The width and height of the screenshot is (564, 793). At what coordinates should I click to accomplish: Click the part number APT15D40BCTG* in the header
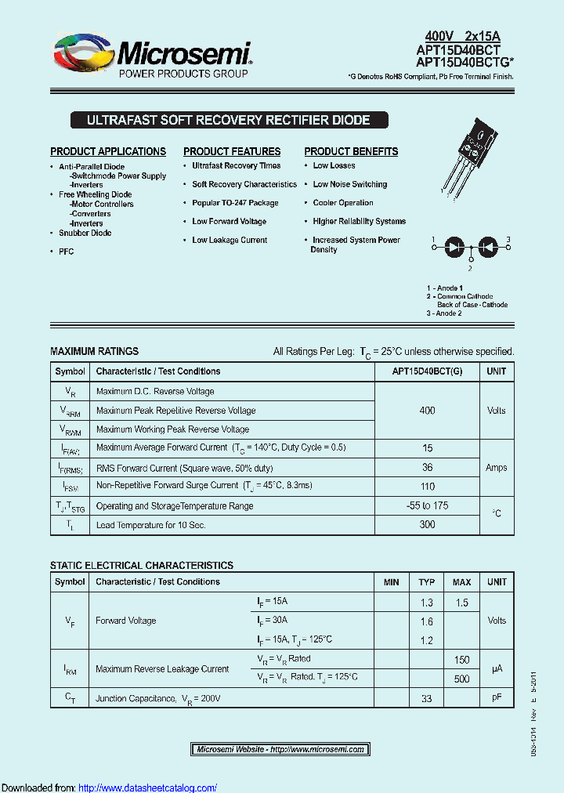[458, 62]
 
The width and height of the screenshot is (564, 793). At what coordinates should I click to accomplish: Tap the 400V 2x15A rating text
[461, 36]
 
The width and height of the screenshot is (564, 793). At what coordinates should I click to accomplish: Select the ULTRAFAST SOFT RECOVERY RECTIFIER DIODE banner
[228, 120]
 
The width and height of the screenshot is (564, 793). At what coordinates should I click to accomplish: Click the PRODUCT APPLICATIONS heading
[108, 151]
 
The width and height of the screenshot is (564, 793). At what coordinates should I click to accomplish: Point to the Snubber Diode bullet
[85, 233]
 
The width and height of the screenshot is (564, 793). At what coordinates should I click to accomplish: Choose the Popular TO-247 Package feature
[235, 203]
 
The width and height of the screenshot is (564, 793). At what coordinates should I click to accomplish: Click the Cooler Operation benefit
[342, 203]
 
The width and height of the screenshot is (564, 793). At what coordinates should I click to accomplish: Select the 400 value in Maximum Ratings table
[427, 411]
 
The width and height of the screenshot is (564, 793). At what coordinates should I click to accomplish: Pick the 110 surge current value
[427, 487]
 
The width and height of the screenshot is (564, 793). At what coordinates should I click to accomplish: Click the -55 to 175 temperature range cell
[427, 505]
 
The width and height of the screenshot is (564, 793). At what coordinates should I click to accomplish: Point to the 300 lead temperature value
[427, 524]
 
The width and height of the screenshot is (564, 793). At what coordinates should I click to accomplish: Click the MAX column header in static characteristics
[461, 582]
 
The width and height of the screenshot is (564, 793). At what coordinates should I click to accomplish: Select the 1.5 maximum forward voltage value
[461, 603]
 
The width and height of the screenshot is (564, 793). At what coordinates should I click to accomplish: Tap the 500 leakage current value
[461, 679]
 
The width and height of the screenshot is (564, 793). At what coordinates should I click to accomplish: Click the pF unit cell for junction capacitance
[497, 697]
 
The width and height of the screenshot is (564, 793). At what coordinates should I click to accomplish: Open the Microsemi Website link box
[280, 750]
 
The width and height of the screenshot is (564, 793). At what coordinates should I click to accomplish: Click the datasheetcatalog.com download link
[148, 788]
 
